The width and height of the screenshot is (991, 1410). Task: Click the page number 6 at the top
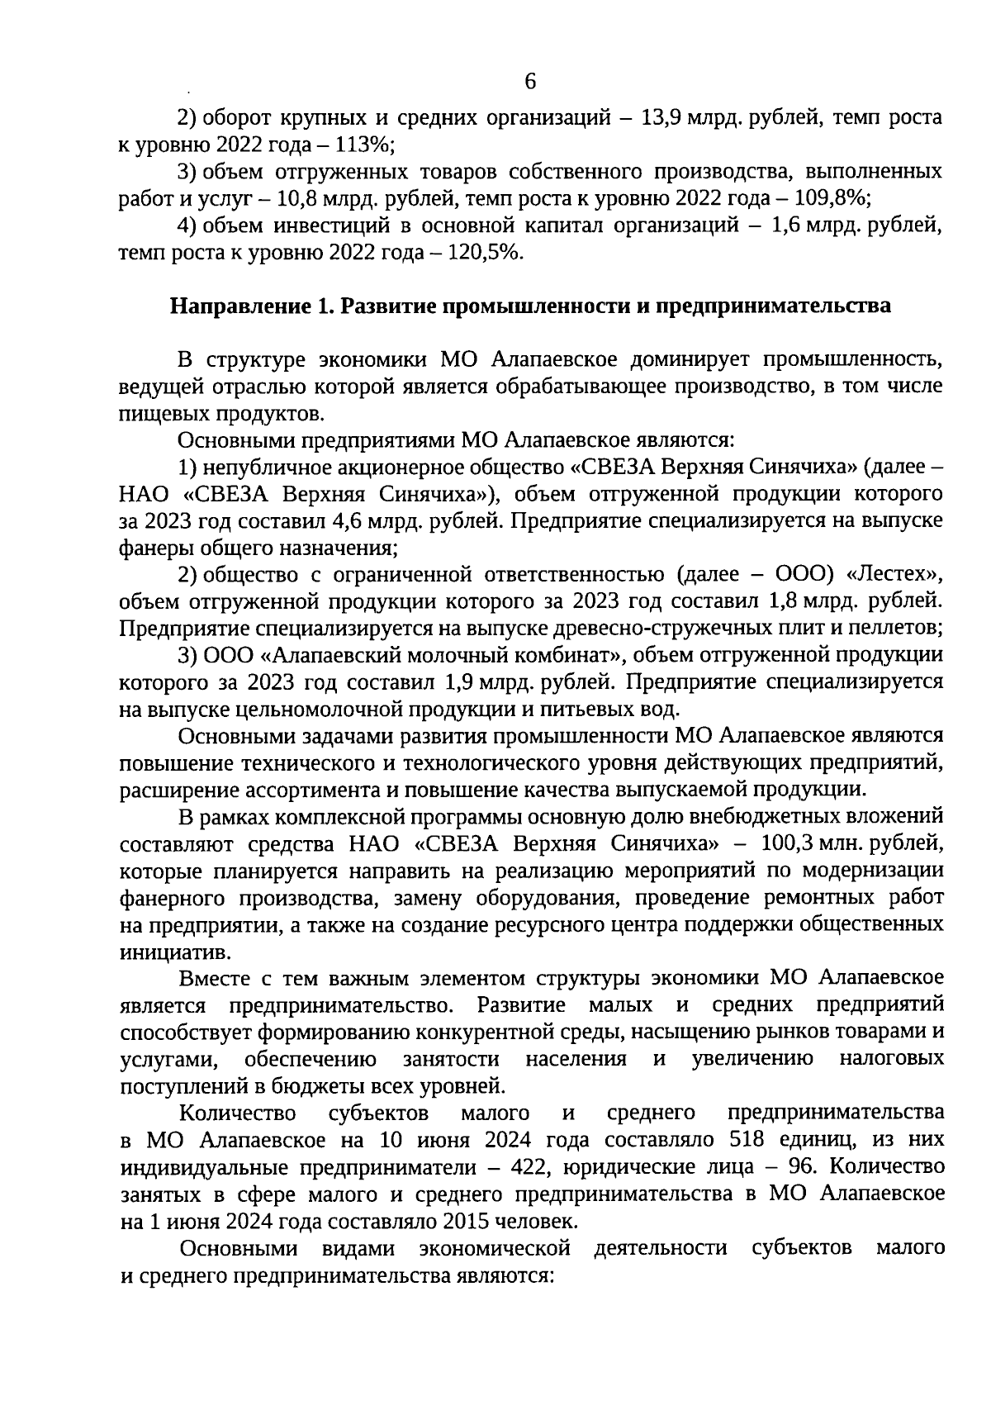[529, 82]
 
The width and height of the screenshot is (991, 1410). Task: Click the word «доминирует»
[688, 360]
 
